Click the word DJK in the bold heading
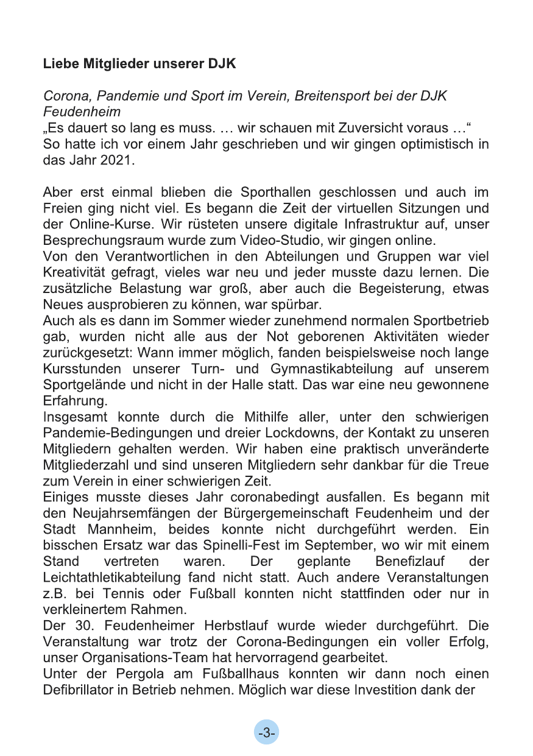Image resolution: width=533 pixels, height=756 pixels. click(x=224, y=64)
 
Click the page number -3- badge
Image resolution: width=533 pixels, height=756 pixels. click(x=266, y=733)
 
